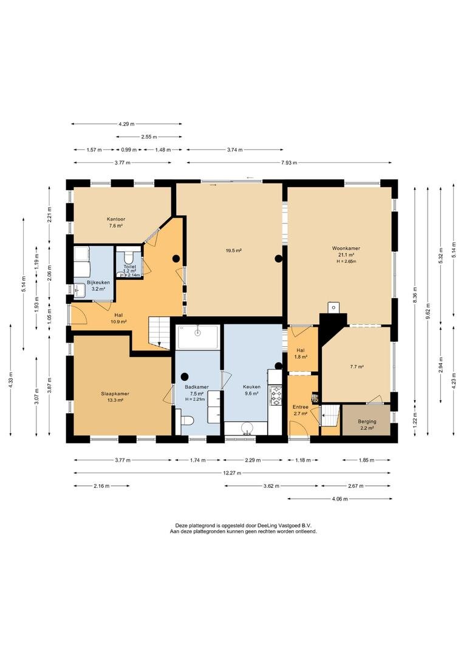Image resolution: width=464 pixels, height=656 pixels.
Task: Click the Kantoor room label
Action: point(116,219)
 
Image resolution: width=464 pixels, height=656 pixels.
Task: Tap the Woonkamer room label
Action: point(346,248)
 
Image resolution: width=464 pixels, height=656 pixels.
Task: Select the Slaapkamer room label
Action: point(115,394)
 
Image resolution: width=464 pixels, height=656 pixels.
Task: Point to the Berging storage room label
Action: point(367,422)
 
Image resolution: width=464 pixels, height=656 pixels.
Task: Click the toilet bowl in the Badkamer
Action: point(185,420)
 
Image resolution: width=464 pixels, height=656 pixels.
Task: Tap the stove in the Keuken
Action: point(276,396)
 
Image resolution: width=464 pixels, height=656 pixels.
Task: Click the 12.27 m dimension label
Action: point(232,473)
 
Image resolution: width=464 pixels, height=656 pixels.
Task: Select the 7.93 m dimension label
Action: point(289,163)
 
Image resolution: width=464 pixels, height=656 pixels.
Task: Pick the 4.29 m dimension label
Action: point(127,124)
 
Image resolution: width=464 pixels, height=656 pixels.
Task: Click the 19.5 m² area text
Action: point(234,251)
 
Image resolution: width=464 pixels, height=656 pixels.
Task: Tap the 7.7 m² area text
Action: point(357,367)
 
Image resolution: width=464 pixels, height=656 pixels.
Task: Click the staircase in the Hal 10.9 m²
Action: point(159,332)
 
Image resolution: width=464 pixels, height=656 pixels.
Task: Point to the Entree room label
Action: point(301,406)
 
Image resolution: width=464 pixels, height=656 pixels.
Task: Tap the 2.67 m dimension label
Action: point(356,486)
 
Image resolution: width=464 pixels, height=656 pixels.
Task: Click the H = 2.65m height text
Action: point(346,261)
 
